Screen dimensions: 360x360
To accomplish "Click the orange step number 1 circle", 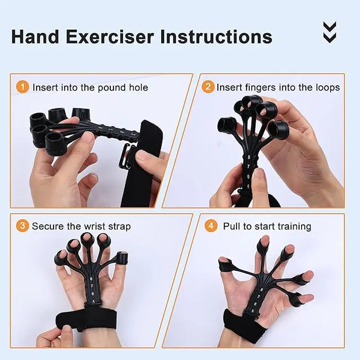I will (22, 86).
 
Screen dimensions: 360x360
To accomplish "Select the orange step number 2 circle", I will (207, 86).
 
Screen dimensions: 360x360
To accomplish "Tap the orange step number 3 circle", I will (22, 225).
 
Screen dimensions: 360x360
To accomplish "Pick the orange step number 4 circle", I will (211, 225).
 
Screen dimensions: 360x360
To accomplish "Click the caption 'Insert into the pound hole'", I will (90, 87).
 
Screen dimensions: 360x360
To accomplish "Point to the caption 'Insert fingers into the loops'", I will (278, 87).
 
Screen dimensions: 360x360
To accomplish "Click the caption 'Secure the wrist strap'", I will (81, 226).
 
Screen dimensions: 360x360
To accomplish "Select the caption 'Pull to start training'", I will (267, 226).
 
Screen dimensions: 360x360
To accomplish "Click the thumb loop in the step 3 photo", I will (120, 258).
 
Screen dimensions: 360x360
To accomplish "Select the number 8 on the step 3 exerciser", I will (92, 279).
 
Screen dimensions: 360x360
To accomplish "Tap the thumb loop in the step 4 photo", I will (297, 299).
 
